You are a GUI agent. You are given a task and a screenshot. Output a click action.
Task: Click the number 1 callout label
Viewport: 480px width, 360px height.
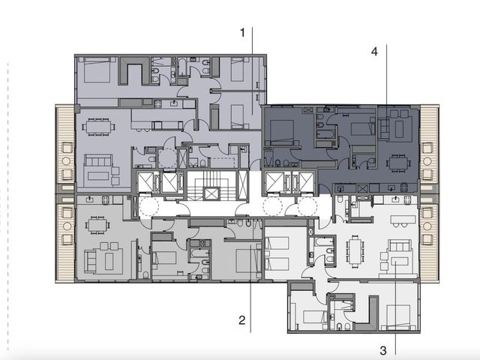click(x=242, y=33)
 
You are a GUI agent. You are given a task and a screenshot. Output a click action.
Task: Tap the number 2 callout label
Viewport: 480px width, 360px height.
click(x=241, y=320)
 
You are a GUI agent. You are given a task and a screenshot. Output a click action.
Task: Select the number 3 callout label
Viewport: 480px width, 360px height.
click(x=383, y=350)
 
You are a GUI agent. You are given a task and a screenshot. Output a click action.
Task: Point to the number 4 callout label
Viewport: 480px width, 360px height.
click(x=374, y=52)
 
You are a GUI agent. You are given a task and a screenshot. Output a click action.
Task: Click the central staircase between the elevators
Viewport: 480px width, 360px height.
click(x=211, y=186)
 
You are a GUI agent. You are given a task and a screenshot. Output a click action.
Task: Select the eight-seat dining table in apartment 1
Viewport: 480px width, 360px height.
click(x=98, y=127)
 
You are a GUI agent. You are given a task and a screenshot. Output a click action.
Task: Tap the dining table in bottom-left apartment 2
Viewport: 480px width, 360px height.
click(x=97, y=225)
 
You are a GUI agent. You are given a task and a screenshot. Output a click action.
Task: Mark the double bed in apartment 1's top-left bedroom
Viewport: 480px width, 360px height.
click(x=97, y=70)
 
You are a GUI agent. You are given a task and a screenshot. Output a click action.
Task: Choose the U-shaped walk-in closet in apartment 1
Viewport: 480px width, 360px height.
click(x=134, y=70)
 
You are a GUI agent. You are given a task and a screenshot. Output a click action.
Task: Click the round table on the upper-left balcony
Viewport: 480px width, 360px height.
click(x=67, y=161)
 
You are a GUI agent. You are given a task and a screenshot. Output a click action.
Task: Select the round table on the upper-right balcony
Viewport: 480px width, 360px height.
click(x=427, y=161)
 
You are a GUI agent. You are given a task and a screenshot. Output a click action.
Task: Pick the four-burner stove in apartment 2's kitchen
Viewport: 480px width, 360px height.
click(x=106, y=200)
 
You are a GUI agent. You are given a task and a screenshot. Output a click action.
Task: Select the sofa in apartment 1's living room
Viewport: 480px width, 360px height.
click(x=98, y=160)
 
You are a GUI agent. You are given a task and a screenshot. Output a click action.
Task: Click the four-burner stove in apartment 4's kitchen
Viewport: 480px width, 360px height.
click(x=404, y=187)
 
